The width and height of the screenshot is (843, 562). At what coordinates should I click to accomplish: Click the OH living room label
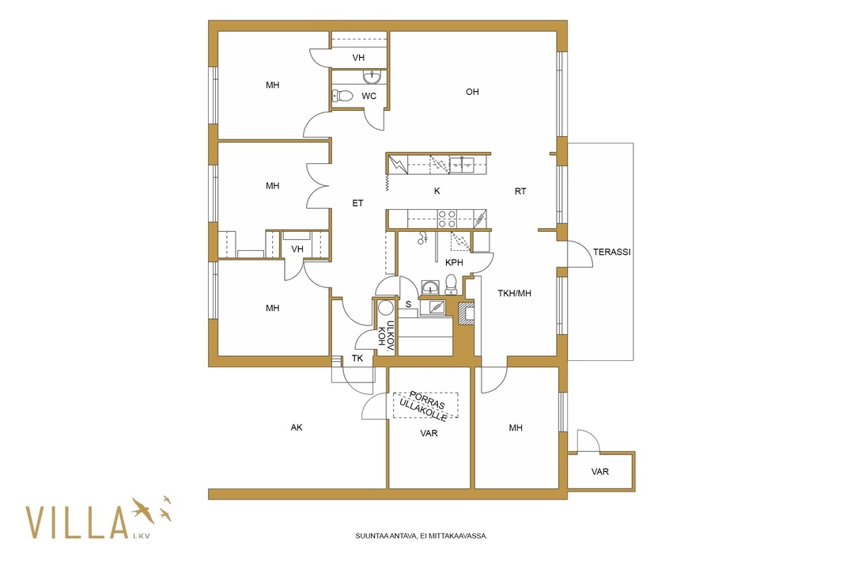(472, 92)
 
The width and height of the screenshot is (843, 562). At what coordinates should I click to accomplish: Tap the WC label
(369, 97)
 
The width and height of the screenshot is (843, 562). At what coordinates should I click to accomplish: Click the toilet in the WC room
(342, 97)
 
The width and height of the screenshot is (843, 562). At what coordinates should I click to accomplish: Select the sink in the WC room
(372, 78)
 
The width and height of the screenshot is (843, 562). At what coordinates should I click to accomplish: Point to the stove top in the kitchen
(447, 218)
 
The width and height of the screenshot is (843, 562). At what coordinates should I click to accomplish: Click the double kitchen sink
(461, 162)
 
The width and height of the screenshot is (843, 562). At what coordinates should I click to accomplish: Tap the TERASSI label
(611, 252)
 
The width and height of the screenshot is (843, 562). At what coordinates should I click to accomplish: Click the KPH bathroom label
(454, 263)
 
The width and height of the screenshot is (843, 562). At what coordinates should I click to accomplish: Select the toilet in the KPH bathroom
(451, 285)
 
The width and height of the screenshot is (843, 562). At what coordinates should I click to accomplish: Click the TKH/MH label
(514, 294)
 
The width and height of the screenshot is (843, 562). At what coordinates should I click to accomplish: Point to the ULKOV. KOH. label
(386, 336)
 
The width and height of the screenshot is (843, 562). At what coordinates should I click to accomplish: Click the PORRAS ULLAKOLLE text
(425, 404)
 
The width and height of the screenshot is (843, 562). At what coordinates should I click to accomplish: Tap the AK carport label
(297, 427)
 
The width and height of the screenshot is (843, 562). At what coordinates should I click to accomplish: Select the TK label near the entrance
(357, 358)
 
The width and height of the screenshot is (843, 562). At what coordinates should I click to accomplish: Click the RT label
(520, 191)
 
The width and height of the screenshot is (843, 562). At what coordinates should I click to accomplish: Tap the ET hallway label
(357, 203)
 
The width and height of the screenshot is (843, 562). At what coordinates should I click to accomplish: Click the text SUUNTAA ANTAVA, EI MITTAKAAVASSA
(421, 536)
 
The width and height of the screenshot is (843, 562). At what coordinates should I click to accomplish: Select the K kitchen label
(437, 191)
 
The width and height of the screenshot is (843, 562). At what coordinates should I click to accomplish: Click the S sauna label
(408, 304)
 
